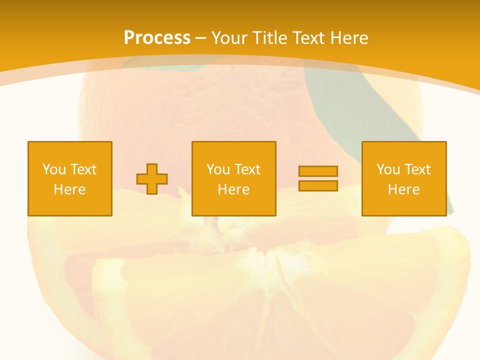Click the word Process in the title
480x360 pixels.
[157, 37]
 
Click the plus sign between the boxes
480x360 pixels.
[152, 178]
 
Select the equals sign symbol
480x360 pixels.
[318, 178]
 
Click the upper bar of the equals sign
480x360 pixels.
[318, 171]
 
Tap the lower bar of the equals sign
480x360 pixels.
[318, 185]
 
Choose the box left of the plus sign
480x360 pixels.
[70, 178]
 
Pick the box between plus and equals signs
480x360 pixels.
[234, 178]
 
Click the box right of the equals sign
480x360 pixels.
[404, 178]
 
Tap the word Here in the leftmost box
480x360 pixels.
[70, 189]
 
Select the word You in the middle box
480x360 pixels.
[218, 169]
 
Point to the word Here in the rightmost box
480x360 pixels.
[404, 189]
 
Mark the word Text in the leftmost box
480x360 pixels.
[83, 169]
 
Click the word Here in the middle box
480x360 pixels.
[234, 189]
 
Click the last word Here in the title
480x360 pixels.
[348, 38]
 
